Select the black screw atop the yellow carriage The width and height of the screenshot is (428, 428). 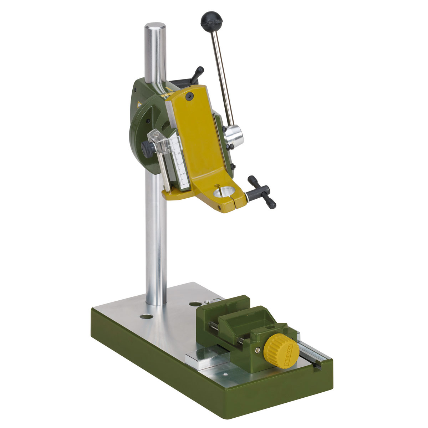pos(189,95)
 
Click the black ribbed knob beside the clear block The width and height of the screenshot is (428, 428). pos(147,147)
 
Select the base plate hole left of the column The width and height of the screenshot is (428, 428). pos(145,316)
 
